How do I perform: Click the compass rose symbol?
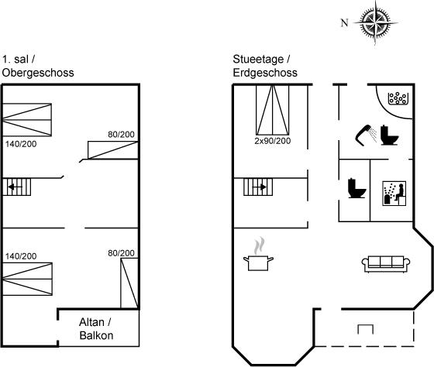click(375, 22)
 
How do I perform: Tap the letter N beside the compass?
click(344, 22)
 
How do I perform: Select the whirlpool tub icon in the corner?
click(398, 98)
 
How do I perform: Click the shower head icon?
click(366, 135)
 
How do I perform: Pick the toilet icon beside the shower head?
click(389, 135)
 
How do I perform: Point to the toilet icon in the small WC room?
click(357, 188)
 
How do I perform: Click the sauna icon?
click(394, 194)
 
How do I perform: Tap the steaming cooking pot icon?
click(258, 255)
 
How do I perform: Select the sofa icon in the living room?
click(386, 264)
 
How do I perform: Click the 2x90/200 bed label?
click(273, 141)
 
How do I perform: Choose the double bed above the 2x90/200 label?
click(273, 110)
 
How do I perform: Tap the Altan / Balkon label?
click(96, 329)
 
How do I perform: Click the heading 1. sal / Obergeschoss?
click(38, 66)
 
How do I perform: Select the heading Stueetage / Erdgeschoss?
click(265, 66)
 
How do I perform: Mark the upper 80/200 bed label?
click(121, 135)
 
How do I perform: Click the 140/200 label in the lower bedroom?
click(21, 256)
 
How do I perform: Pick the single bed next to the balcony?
click(129, 283)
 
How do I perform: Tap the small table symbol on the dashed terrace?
click(365, 329)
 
